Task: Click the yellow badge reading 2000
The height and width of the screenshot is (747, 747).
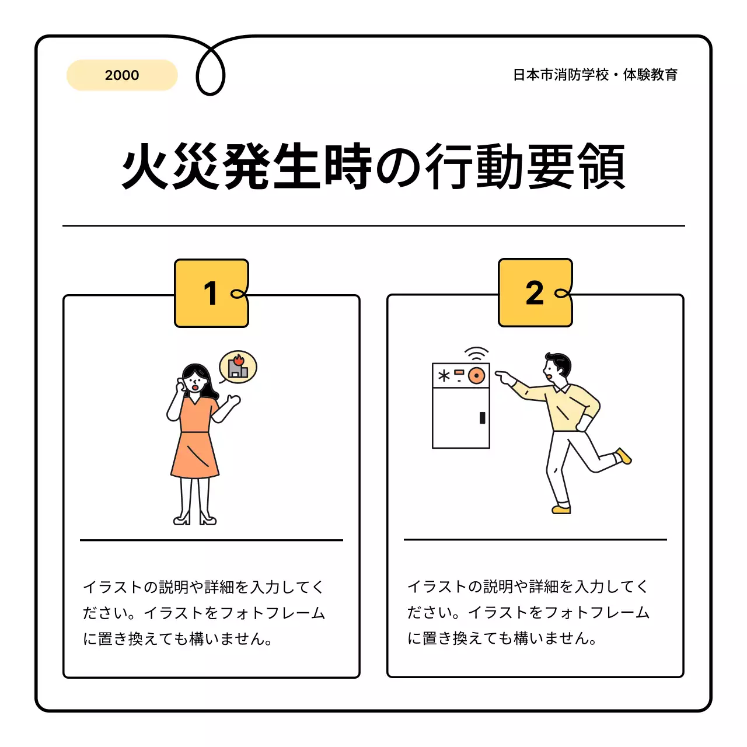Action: (122, 75)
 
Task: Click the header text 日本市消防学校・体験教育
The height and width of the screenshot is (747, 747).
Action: (595, 75)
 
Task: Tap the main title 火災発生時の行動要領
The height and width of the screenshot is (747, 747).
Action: (373, 167)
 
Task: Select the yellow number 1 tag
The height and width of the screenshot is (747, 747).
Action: (211, 293)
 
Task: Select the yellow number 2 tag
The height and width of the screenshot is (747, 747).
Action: (535, 292)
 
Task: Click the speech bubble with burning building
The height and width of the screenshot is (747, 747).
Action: (238, 367)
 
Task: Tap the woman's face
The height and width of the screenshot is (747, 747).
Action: (195, 383)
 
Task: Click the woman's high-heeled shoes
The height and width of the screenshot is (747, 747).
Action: (195, 518)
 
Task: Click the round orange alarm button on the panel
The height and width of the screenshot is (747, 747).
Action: (477, 376)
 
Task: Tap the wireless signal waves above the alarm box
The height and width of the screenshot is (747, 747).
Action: (477, 354)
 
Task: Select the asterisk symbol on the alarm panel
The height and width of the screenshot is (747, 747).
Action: (444, 376)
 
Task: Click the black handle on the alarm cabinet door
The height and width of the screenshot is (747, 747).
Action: (482, 418)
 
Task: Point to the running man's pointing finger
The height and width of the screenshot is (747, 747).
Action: (501, 376)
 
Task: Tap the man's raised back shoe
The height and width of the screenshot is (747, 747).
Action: (623, 456)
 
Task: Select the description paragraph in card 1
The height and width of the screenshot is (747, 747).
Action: (204, 613)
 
